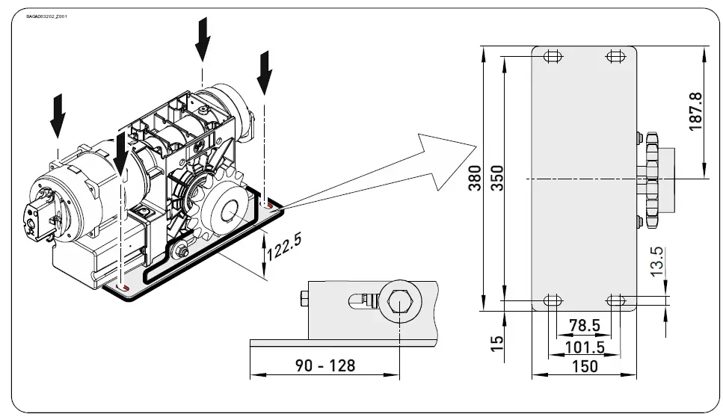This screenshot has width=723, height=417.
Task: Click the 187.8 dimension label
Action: pyautogui.click(x=696, y=112)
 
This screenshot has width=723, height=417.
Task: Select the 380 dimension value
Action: pyautogui.click(x=474, y=178)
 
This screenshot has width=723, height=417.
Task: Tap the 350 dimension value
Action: pyautogui.click(x=496, y=178)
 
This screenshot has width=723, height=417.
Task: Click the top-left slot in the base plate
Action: pyautogui.click(x=553, y=57)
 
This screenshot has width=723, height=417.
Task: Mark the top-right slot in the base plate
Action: pyautogui.click(x=616, y=57)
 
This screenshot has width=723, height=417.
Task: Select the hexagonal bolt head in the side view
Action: pyautogui.click(x=399, y=303)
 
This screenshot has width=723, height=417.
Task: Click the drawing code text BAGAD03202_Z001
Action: pyautogui.click(x=46, y=16)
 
